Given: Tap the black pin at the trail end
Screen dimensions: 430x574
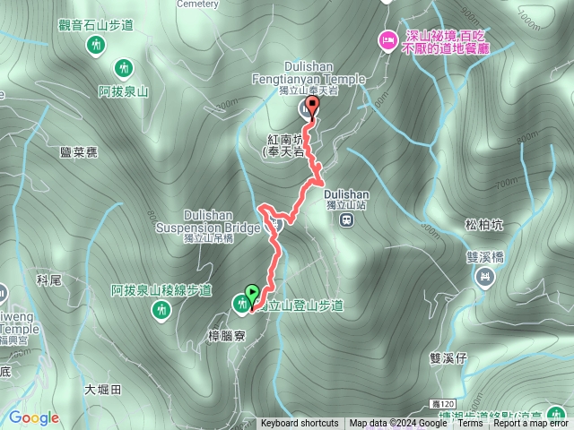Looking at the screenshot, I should [312, 108].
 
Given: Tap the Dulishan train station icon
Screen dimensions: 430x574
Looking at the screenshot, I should [346, 220].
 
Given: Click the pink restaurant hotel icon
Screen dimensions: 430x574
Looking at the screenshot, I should [387, 39].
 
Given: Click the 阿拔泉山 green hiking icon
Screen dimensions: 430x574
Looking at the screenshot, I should [123, 67].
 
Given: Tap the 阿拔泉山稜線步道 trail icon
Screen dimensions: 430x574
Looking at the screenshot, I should [161, 310].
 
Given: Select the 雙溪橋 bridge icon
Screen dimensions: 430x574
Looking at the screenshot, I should [483, 277].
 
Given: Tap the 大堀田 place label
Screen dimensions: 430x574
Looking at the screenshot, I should [102, 390].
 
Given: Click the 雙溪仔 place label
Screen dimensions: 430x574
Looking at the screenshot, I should [448, 357].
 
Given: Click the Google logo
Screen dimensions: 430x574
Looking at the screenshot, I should [33, 417].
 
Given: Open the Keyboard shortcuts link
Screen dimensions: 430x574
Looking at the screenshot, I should [300, 424].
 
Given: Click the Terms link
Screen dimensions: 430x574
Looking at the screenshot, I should [470, 424].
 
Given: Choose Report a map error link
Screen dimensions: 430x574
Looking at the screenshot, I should [532, 424].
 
